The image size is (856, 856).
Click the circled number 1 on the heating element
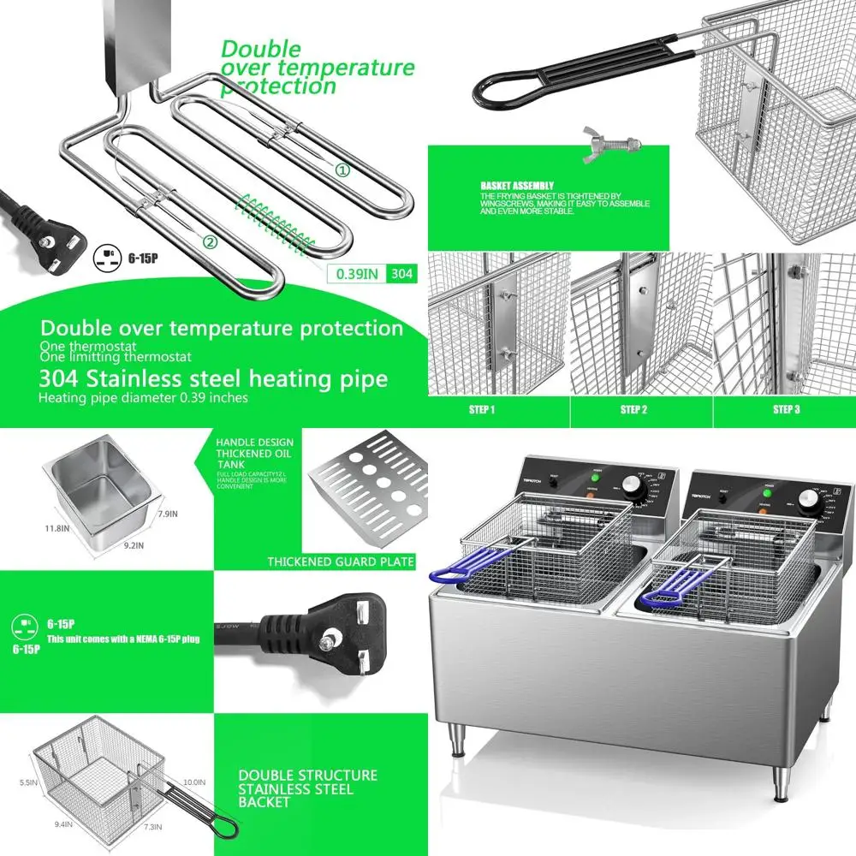coord(342,170)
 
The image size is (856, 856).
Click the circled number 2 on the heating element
coord(210,242)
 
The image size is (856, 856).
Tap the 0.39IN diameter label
coord(355,274)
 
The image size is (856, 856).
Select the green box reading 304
coord(402,274)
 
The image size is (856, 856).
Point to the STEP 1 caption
coord(482,410)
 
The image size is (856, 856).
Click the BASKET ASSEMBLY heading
coord(516,185)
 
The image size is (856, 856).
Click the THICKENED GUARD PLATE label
coord(341,562)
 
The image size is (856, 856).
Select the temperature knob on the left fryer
coord(635,486)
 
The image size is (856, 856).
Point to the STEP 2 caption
coord(633,410)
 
